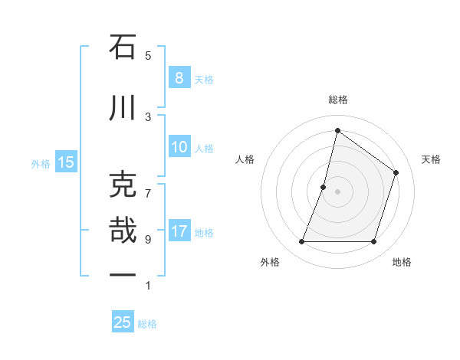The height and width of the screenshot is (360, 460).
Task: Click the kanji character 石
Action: [x=123, y=47]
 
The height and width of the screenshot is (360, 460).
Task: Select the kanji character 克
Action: [x=123, y=185]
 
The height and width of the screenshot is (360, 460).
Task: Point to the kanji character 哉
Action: [x=123, y=231]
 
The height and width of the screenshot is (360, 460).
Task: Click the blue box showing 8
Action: [x=179, y=77]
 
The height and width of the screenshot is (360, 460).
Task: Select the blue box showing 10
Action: [x=179, y=147]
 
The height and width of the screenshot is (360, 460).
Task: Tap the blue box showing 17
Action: [x=179, y=231]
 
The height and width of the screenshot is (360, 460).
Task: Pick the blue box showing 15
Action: [x=66, y=162]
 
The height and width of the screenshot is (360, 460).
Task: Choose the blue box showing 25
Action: [x=123, y=322]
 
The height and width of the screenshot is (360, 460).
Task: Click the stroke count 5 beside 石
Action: [x=148, y=55]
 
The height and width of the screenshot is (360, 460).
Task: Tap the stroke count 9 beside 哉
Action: [x=148, y=239]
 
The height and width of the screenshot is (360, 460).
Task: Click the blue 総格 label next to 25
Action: [x=148, y=324]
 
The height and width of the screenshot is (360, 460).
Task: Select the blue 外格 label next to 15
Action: [x=41, y=163]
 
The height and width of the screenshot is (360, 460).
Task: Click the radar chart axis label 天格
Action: [x=432, y=159]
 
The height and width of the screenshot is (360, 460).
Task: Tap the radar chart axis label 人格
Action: [x=245, y=159]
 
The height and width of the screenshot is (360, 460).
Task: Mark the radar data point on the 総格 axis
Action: [x=337, y=130]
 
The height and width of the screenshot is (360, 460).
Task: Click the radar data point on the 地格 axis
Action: [x=373, y=242]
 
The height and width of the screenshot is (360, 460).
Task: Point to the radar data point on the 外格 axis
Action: [x=301, y=242]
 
